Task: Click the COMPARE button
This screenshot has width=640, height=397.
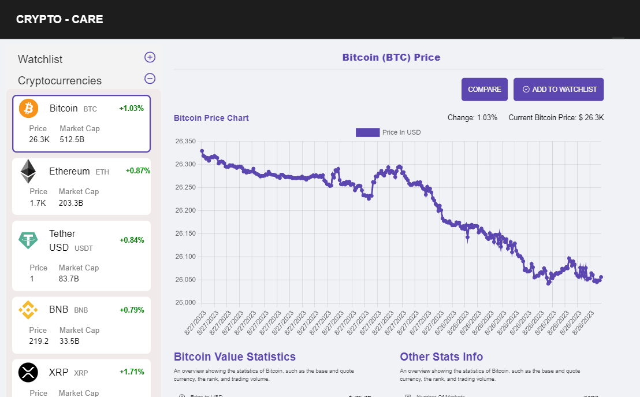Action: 484,90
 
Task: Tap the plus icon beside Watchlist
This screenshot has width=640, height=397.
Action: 150,57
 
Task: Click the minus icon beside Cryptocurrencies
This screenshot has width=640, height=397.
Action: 150,79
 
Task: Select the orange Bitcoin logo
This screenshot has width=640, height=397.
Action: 28,108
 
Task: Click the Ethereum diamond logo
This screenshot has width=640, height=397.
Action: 28,171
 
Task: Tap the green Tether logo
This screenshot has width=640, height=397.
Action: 28,240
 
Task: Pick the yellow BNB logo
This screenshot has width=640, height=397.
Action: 28,310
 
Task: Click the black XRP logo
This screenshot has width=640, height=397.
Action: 28,372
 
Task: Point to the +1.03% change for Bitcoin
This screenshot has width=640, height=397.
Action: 131,108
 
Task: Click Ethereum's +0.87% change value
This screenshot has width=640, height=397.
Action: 137,171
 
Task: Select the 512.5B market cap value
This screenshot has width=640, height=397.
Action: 72,139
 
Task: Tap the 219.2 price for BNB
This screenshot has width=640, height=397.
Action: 39,341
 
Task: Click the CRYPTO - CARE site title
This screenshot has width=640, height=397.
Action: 59,19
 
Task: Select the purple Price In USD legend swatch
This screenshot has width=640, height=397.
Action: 367,132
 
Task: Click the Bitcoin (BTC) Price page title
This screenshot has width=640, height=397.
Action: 391,57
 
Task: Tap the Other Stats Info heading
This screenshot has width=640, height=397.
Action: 441,357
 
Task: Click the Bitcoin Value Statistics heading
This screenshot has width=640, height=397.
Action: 235,357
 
